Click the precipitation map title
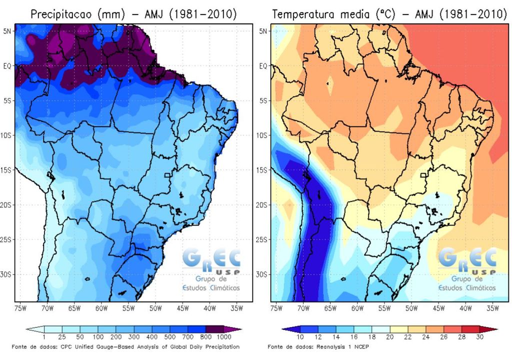133,14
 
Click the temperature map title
389,14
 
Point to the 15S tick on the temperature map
263,170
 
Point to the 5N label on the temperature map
263,31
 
